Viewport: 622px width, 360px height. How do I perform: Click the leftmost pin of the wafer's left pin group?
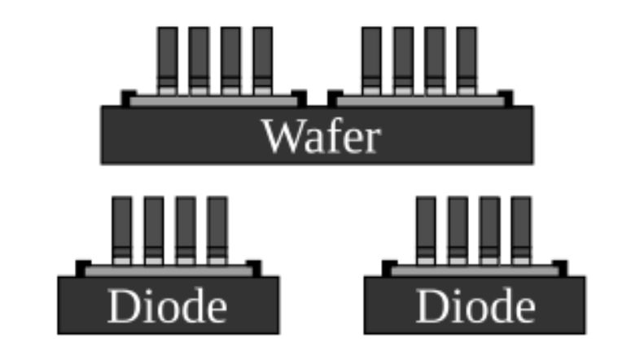point(167,57)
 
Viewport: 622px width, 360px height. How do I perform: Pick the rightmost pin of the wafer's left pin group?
point(262,57)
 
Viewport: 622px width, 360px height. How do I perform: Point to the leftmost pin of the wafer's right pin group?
point(371,57)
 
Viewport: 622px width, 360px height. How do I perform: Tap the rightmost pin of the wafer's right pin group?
point(466,57)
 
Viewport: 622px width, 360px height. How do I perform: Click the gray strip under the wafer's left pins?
point(214,100)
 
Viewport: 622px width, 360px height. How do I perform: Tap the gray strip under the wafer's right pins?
point(419,100)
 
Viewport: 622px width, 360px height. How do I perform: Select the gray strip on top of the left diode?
point(169,270)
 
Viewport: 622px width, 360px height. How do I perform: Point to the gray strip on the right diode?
point(474,270)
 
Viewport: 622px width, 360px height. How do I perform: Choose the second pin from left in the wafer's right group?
point(403,57)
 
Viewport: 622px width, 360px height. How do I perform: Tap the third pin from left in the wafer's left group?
point(230,57)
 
